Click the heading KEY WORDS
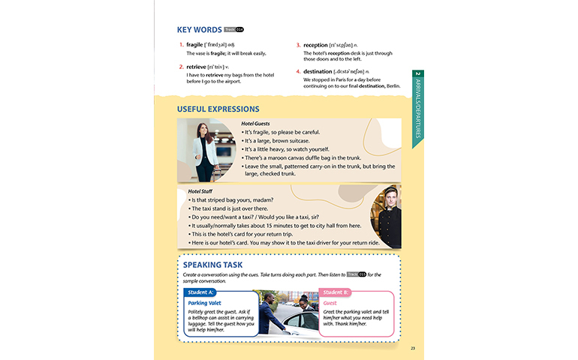click(x=199, y=30)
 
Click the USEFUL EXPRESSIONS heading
click(x=218, y=109)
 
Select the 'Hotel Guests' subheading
click(x=255, y=124)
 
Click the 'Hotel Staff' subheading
click(x=200, y=192)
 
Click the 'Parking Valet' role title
click(x=205, y=303)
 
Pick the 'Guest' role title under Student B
click(x=330, y=303)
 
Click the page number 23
click(x=413, y=348)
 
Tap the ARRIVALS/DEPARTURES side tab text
click(x=418, y=105)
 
